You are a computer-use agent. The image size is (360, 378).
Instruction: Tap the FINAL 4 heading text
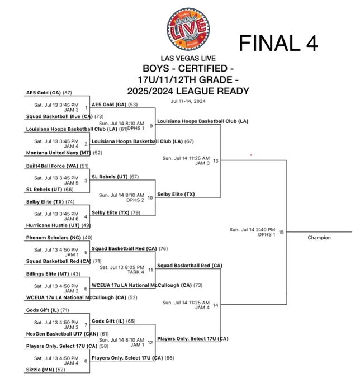[x=278, y=42]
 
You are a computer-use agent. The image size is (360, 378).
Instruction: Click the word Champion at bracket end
[x=319, y=238]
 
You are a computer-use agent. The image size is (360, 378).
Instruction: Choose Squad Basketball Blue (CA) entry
[x=59, y=116]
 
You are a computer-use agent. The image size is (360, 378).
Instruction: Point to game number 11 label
[x=150, y=270]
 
